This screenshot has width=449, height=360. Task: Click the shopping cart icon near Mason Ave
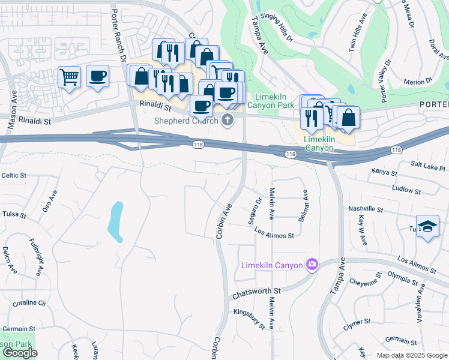pos(69,76)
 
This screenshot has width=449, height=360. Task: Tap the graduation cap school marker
pos(427,227)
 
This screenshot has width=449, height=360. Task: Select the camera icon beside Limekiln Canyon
pos(312,265)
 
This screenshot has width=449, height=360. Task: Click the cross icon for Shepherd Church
pos(227,121)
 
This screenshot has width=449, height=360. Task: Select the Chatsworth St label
pos(257,295)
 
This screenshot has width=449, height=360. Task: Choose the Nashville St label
pos(365,209)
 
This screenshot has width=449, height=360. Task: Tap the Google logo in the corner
pos(19,353)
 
